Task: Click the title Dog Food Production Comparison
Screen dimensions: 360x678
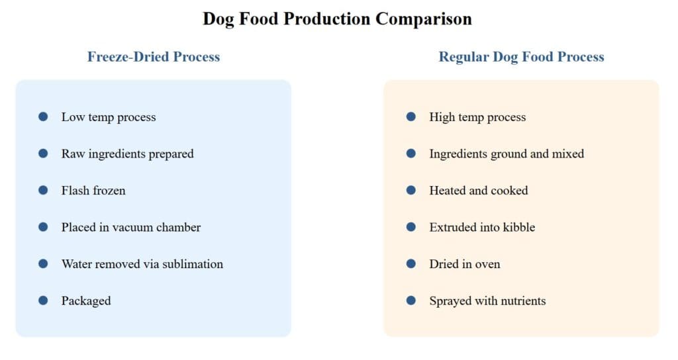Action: coord(337,19)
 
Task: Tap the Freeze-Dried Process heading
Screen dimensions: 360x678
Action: coord(154,57)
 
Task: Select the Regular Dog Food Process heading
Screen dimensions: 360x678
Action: coord(521,57)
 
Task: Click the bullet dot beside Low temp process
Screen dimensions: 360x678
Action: coord(43,117)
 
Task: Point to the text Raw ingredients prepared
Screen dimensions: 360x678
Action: coord(127,154)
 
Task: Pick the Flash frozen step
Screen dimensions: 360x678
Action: coord(93,191)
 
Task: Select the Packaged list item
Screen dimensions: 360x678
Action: coord(86,301)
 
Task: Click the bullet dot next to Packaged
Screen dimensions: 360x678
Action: coord(43,300)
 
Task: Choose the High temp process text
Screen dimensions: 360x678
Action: coord(477,117)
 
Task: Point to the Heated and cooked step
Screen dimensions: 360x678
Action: coord(479,191)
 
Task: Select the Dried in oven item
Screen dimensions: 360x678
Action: coord(465,264)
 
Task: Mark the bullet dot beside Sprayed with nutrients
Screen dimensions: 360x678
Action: coord(411,300)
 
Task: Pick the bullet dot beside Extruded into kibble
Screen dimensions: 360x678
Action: coord(411,227)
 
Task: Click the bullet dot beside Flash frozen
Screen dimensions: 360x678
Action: coord(43,190)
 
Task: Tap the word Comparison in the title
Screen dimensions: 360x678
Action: coord(424,19)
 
